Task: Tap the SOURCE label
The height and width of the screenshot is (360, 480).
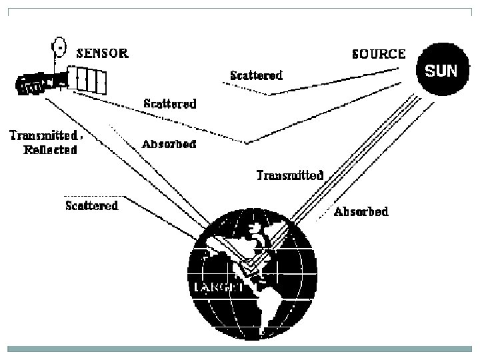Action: (x=377, y=53)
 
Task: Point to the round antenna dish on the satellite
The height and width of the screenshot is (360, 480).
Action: (x=60, y=47)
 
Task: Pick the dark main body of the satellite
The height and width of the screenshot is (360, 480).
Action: (x=40, y=83)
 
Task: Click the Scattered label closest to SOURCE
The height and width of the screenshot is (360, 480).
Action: (x=256, y=75)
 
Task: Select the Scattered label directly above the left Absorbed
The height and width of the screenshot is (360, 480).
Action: (x=170, y=104)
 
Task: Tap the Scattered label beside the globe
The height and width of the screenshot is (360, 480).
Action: (x=91, y=205)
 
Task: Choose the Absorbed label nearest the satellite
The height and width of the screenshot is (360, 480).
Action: (x=169, y=144)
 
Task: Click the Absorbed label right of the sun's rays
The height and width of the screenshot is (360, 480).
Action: (x=361, y=212)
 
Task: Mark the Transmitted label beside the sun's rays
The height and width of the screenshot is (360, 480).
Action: (x=290, y=176)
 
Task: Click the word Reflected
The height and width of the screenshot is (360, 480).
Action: (x=50, y=149)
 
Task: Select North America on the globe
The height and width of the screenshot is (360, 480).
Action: (x=233, y=250)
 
